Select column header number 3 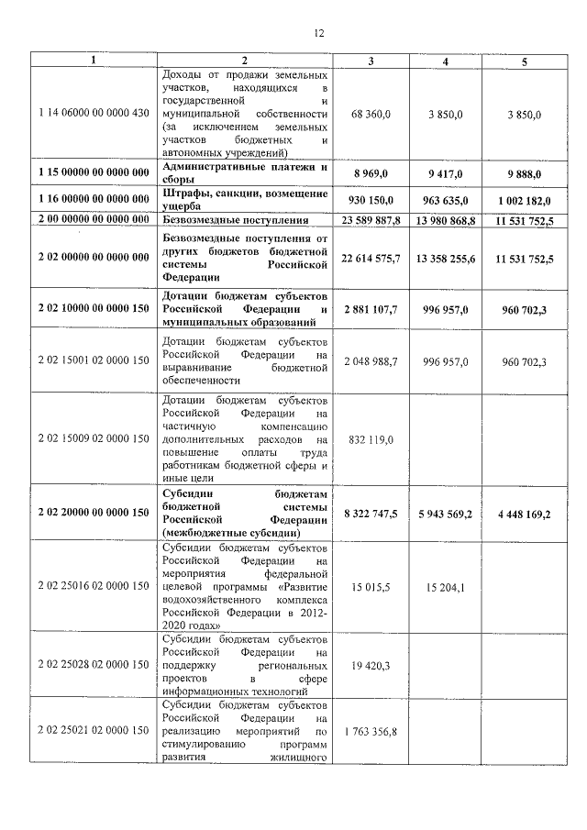pos(371,61)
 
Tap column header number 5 pos(524,61)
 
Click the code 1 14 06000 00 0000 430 pos(94,114)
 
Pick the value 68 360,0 pos(371,114)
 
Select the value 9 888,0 pos(524,173)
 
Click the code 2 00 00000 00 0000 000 pos(94,221)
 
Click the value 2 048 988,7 pos(371,362)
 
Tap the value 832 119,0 pos(371,439)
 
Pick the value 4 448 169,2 pos(524,515)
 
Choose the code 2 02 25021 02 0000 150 pos(94,730)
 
